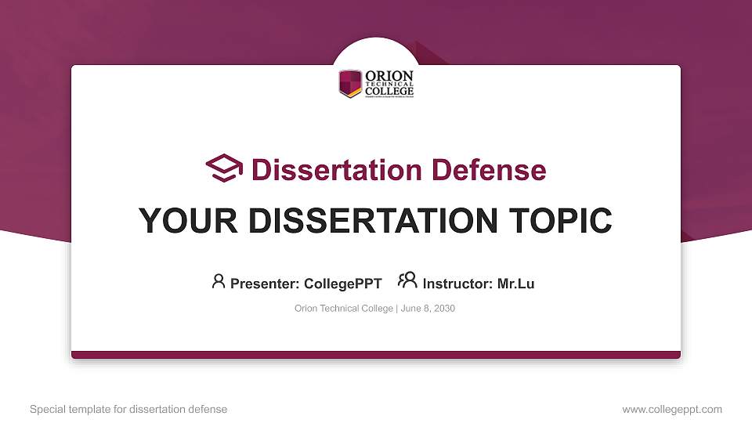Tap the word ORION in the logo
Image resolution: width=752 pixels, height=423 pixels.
(389, 75)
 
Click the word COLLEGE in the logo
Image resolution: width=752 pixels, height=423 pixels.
(389, 91)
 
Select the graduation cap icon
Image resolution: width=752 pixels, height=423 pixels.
(224, 168)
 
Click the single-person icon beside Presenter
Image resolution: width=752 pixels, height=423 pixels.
(219, 281)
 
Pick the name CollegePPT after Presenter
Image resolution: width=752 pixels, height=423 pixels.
(342, 284)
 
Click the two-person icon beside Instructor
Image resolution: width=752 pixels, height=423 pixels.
(407, 281)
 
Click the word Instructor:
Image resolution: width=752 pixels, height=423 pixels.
(458, 284)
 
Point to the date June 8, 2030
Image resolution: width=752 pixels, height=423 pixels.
(428, 309)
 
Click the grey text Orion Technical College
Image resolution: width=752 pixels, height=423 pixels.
(344, 309)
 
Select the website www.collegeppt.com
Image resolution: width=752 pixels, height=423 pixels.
(671, 409)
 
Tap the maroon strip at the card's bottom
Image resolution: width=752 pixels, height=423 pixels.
(376, 355)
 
